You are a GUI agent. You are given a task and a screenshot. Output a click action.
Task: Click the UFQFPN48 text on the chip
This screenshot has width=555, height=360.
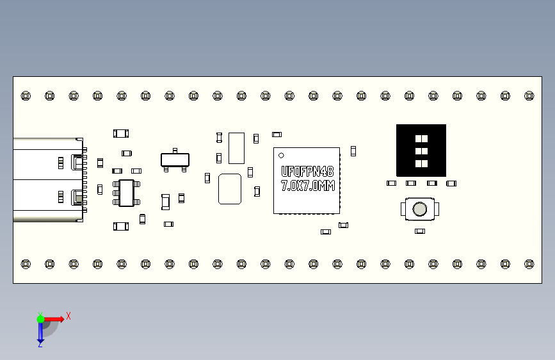pyautogui.click(x=307, y=172)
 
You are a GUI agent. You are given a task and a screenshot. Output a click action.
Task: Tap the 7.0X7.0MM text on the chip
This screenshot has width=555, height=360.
pyautogui.click(x=307, y=186)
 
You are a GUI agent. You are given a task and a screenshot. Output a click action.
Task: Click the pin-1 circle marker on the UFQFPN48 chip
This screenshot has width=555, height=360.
pyautogui.click(x=281, y=155)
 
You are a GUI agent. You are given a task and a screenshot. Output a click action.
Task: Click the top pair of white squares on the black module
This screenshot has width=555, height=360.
pyautogui.click(x=421, y=138)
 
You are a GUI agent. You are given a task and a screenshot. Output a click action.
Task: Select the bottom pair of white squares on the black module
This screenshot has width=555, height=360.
pyautogui.click(x=421, y=163)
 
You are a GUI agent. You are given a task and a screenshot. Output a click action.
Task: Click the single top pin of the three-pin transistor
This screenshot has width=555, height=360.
pyautogui.click(x=175, y=151)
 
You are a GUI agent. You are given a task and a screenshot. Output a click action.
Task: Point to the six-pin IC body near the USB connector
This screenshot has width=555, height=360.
pyautogui.click(x=126, y=193)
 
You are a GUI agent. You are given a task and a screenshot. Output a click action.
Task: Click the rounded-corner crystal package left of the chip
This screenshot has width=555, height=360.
pyautogui.click(x=230, y=189)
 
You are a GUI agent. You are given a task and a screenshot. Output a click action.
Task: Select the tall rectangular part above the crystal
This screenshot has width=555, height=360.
pyautogui.click(x=236, y=148)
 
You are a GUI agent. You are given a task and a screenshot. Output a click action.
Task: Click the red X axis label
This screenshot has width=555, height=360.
pyautogui.click(x=68, y=316)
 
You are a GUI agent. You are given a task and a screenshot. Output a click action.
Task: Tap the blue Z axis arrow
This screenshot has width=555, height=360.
pyautogui.click(x=40, y=332)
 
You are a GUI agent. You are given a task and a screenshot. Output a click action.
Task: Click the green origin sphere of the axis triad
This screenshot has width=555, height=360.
pyautogui.click(x=40, y=319)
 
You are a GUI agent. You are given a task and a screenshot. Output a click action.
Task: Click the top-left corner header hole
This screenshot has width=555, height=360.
pyautogui.click(x=26, y=95)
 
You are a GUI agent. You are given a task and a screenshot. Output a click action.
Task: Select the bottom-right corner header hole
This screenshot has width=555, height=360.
pyautogui.click(x=529, y=264)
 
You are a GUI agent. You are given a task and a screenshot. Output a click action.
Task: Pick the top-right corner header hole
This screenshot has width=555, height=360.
pyautogui.click(x=529, y=95)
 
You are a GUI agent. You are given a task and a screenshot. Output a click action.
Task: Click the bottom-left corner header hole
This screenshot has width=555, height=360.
pyautogui.click(x=26, y=264)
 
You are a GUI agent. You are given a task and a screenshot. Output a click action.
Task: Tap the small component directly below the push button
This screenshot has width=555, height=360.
pyautogui.click(x=420, y=231)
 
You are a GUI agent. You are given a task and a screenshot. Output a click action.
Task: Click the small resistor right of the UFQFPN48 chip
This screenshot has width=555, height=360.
pyautogui.click(x=353, y=151)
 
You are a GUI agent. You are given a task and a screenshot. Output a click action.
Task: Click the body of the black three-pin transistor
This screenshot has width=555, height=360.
pyautogui.click(x=175, y=160)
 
